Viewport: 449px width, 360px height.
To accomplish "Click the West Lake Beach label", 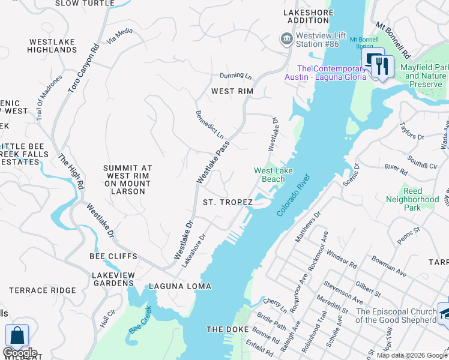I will pyautogui.click(x=269, y=175).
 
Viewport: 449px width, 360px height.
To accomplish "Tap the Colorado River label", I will pyautogui.click(x=294, y=196).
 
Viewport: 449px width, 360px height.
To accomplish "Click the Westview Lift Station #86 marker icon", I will pyautogui.click(x=286, y=39).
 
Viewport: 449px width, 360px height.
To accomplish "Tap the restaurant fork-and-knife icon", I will pyautogui.click(x=382, y=66).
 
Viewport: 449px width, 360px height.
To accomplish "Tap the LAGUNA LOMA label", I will pyautogui.click(x=180, y=286).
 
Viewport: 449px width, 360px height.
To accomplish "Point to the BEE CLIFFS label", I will pyautogui.click(x=113, y=256).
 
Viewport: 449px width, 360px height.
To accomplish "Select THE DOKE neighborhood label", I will pyautogui.click(x=223, y=329).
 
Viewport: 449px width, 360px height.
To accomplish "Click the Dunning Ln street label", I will pyautogui.click(x=235, y=76).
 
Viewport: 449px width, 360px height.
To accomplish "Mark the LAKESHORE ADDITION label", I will pyautogui.click(x=308, y=16).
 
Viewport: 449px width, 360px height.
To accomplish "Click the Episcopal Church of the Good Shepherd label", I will pyautogui.click(x=396, y=316).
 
